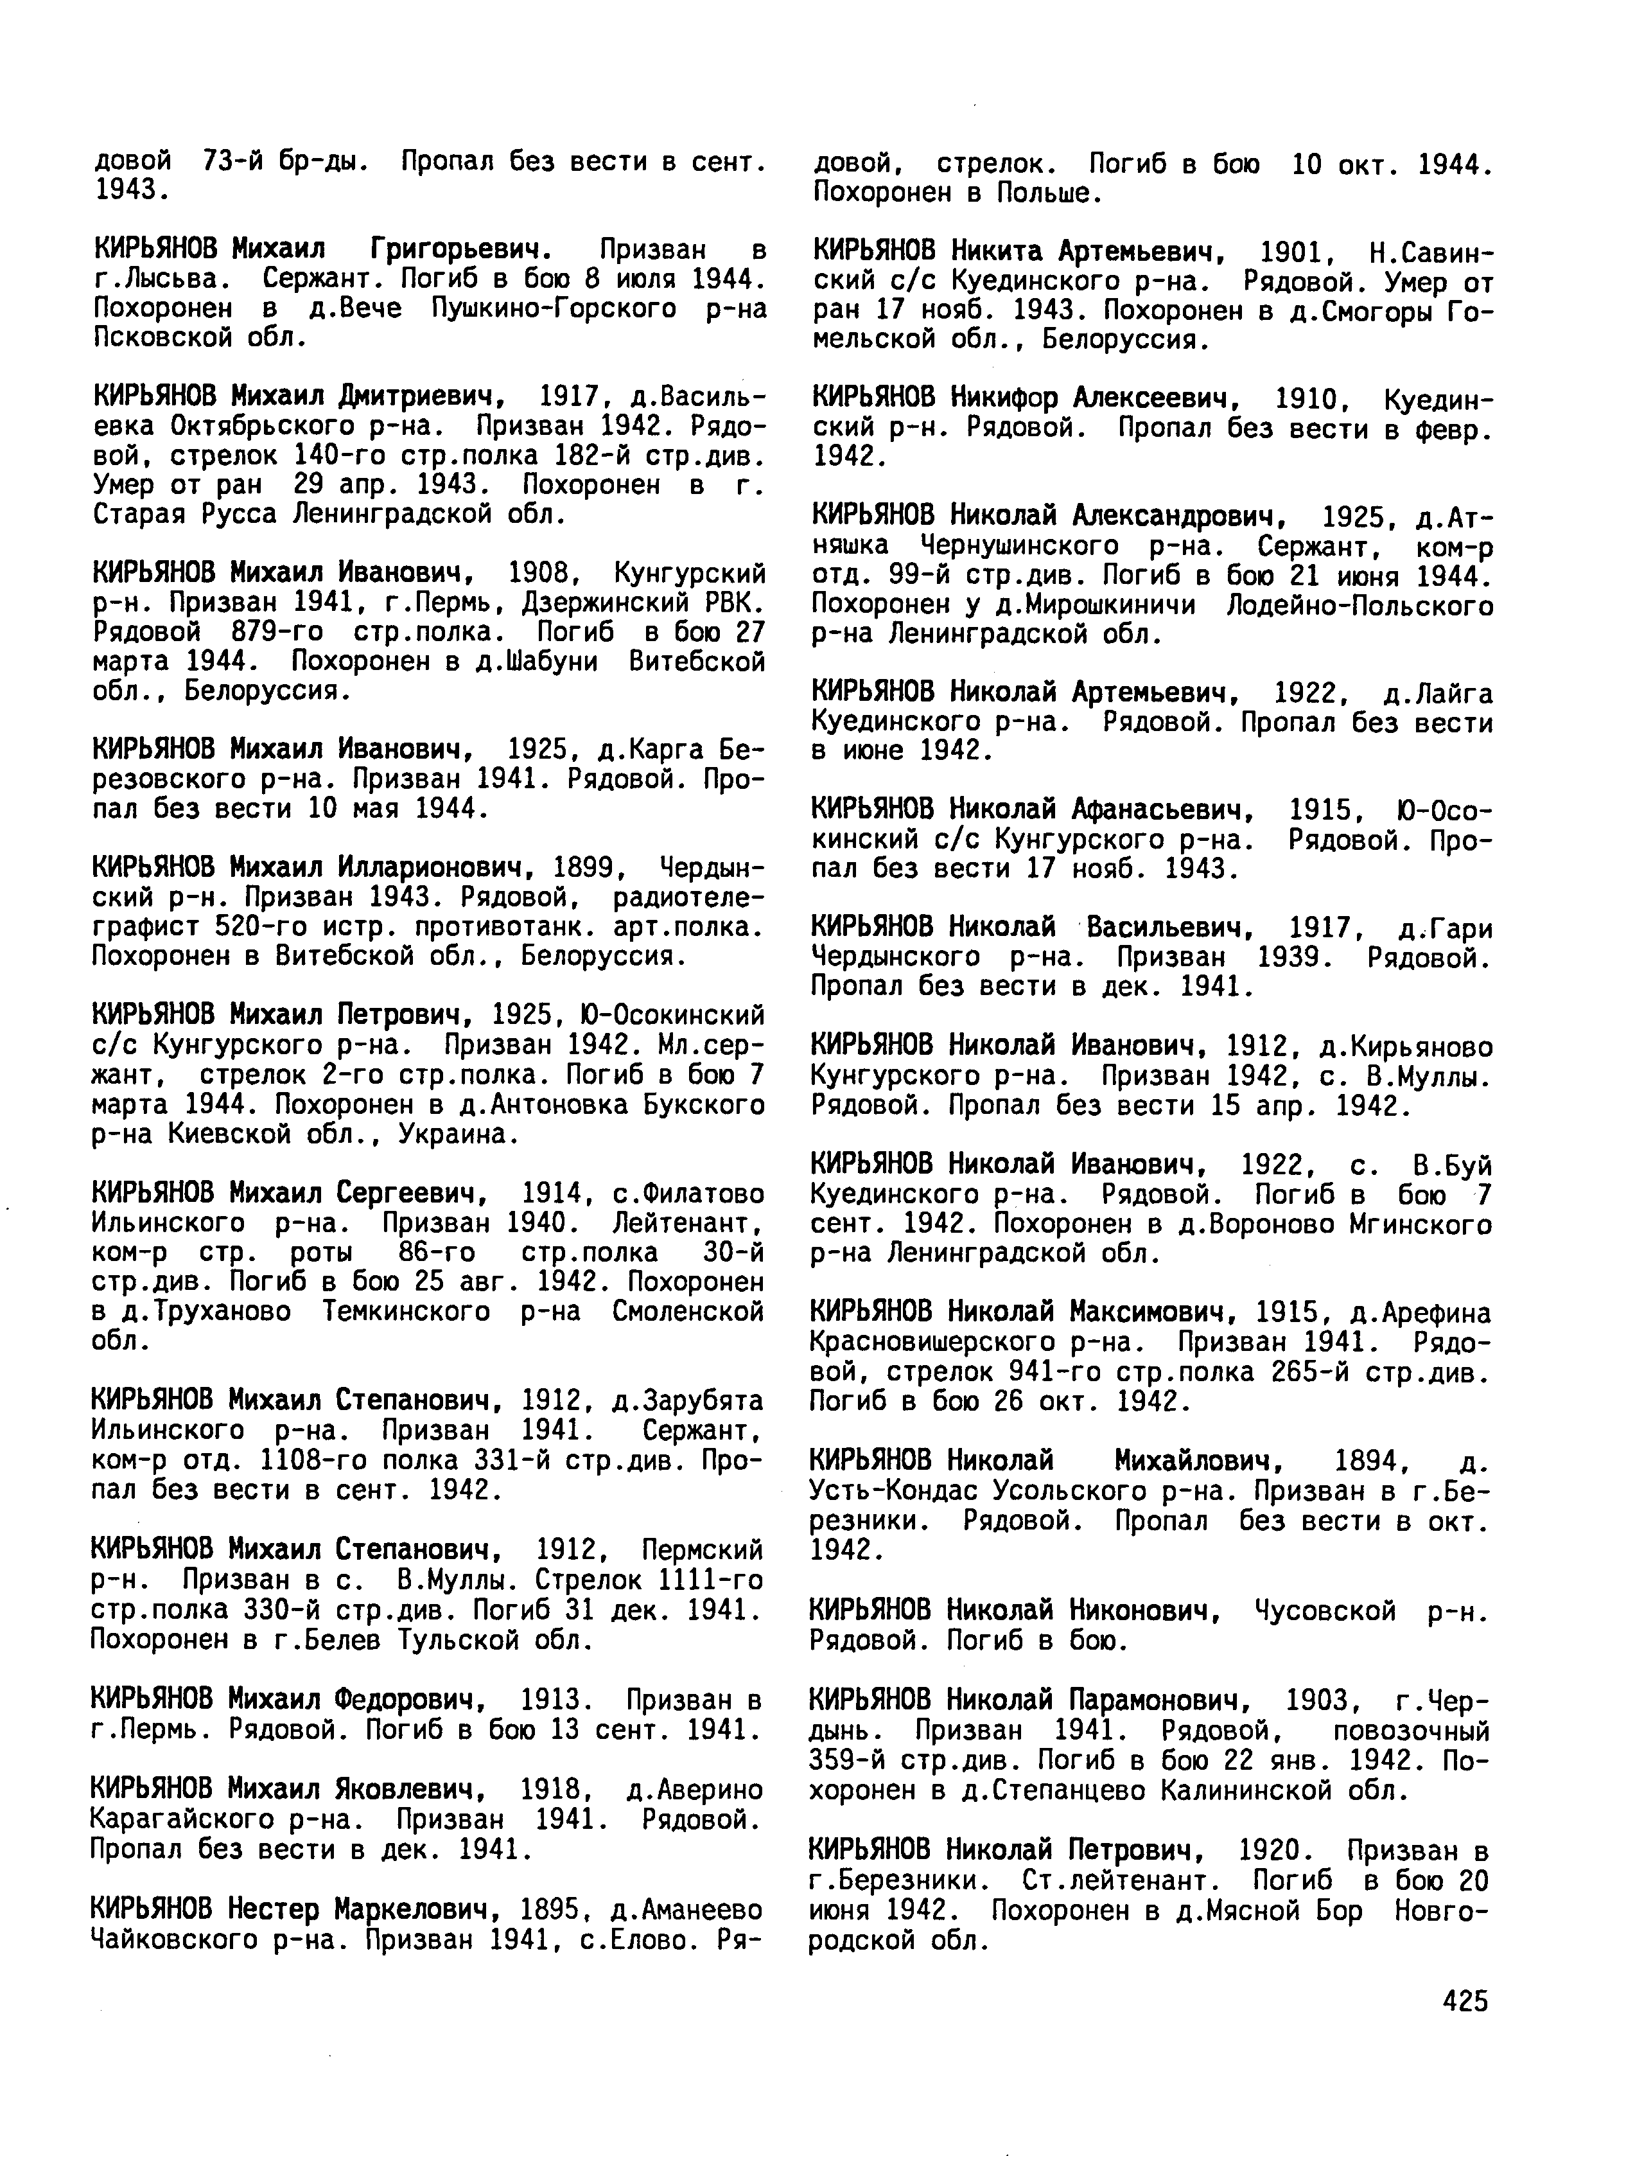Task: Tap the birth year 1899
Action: point(584,867)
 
